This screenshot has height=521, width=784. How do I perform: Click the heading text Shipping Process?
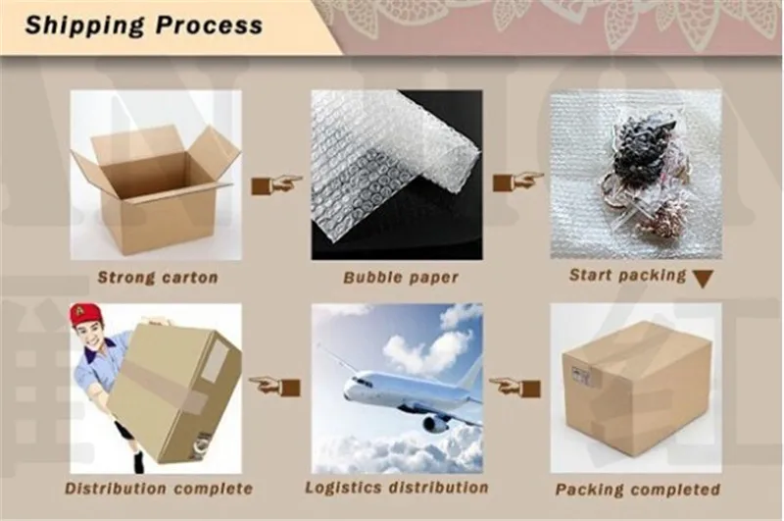coord(143,26)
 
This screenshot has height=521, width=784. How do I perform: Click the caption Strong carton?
coord(157,278)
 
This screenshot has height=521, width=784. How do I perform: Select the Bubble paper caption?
coord(400,278)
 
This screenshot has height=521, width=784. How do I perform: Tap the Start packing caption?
coord(628,276)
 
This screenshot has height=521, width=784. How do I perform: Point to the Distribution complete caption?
coord(159,488)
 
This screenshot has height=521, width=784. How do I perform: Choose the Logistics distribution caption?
coord(396,487)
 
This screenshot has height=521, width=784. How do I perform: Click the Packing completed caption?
coord(638,489)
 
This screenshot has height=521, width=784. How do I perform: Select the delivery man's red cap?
coord(86,314)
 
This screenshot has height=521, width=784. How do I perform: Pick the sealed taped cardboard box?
coord(637,383)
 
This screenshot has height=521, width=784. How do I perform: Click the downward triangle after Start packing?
coord(701,278)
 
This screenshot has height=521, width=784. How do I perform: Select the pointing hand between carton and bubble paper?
coord(275,183)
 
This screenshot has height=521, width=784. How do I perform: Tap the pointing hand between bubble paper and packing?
coord(516,181)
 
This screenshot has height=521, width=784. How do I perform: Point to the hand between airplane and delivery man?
coord(273,386)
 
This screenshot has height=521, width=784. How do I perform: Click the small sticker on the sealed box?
coord(580,375)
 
